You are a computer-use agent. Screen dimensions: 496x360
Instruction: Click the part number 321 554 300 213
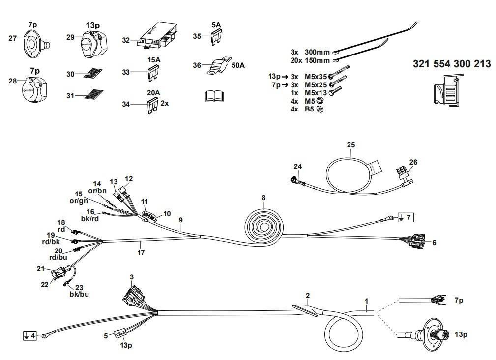point(452,64)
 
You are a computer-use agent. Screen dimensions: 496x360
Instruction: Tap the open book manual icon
point(214,96)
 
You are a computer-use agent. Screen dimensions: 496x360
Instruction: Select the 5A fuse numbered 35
point(216,38)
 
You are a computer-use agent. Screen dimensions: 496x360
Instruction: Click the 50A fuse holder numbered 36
point(219,66)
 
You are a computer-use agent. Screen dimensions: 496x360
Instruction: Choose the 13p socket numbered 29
point(94,45)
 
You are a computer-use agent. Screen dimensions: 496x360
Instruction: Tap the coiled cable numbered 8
point(264,225)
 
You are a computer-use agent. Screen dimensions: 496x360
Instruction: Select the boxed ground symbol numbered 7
point(405,218)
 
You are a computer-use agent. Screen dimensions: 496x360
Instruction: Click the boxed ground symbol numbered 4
point(30,335)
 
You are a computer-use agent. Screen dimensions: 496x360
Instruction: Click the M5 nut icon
point(320,102)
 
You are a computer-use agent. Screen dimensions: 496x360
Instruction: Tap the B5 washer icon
point(320,110)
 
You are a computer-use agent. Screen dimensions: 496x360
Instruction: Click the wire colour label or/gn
point(79,201)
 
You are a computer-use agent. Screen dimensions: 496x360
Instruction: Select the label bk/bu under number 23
point(79,294)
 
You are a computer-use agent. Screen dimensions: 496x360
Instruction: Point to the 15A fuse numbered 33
point(153,72)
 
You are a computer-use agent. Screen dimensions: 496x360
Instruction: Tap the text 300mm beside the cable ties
point(317,52)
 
